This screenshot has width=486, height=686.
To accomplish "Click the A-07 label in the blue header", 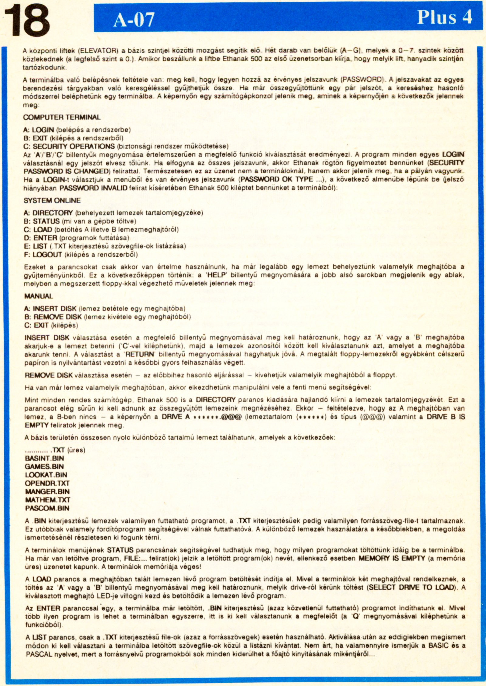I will (134, 20).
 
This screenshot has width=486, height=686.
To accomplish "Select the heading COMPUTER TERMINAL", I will (62, 117).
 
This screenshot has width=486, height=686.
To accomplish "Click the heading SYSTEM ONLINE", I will (52, 200).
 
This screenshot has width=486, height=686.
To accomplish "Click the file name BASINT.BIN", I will (44, 458).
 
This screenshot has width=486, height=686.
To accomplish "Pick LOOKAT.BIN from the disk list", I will (46, 475).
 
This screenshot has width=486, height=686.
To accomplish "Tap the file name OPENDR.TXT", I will (47, 483).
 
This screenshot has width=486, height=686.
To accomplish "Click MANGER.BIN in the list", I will (47, 491).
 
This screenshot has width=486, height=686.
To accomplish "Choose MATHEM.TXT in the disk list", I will (47, 500).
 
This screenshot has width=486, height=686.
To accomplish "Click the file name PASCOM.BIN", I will (47, 508).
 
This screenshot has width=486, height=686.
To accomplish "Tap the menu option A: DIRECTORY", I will (48, 213).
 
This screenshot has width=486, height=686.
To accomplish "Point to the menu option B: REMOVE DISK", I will (53, 317).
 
